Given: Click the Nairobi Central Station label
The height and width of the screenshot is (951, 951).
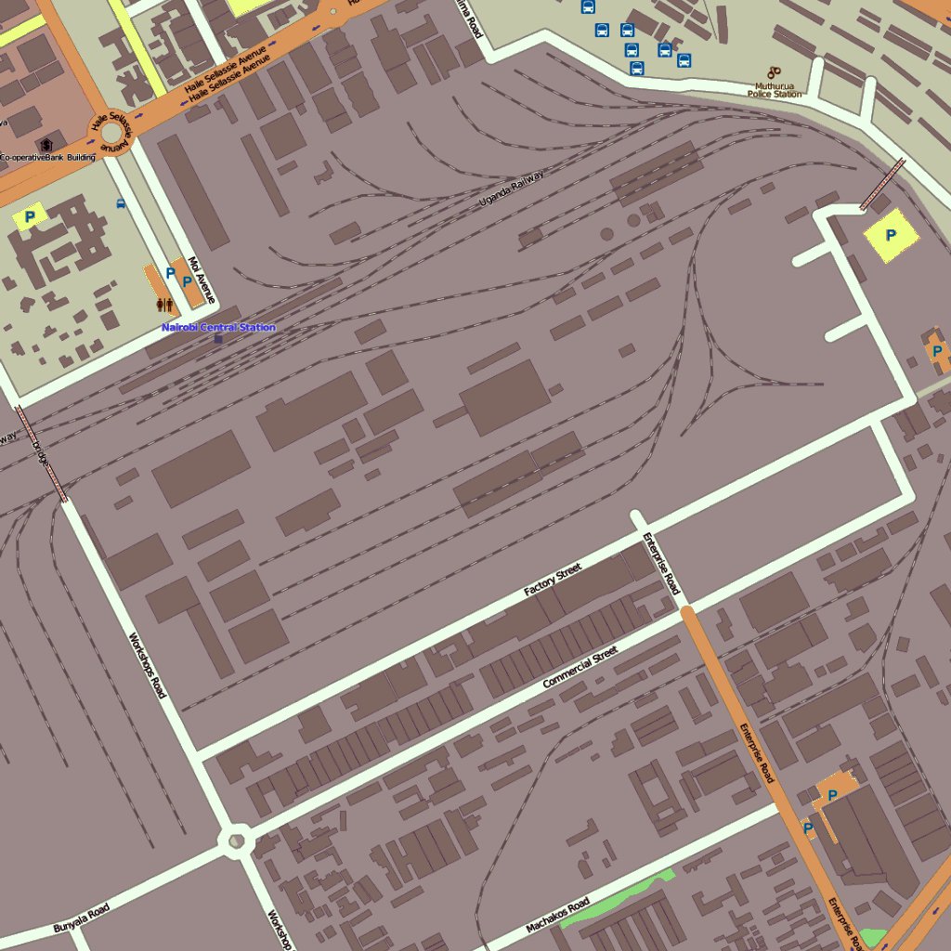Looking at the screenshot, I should click(x=218, y=327).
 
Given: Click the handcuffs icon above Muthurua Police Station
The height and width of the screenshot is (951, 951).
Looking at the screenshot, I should click(x=774, y=72).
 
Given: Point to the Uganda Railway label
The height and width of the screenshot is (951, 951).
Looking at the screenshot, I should click(x=511, y=189).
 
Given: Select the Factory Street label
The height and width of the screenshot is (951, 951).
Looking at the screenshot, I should click(x=552, y=580).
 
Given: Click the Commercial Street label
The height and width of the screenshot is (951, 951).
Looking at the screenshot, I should click(x=580, y=668).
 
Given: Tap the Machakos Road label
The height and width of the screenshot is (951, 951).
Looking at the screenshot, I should click(x=557, y=916).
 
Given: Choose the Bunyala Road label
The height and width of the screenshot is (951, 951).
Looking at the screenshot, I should click(x=81, y=918).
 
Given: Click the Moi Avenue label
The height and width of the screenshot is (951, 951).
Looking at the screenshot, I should click(x=202, y=280).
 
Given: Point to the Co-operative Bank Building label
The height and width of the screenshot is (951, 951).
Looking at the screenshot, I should click(x=48, y=158).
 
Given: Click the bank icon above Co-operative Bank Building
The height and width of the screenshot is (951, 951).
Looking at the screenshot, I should click(x=46, y=145).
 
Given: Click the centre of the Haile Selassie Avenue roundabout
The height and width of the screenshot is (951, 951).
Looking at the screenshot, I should click(x=111, y=135).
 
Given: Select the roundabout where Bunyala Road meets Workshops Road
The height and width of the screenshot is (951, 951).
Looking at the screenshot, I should click(x=236, y=841).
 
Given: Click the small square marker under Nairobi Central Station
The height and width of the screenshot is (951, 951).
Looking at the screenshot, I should click(x=218, y=339).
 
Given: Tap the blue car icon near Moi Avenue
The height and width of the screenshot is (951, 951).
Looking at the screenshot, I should click(x=120, y=202).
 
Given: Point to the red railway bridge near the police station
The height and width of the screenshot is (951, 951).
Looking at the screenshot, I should click(x=882, y=184).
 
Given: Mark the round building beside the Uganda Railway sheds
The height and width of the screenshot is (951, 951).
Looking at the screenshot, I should click(x=633, y=221).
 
